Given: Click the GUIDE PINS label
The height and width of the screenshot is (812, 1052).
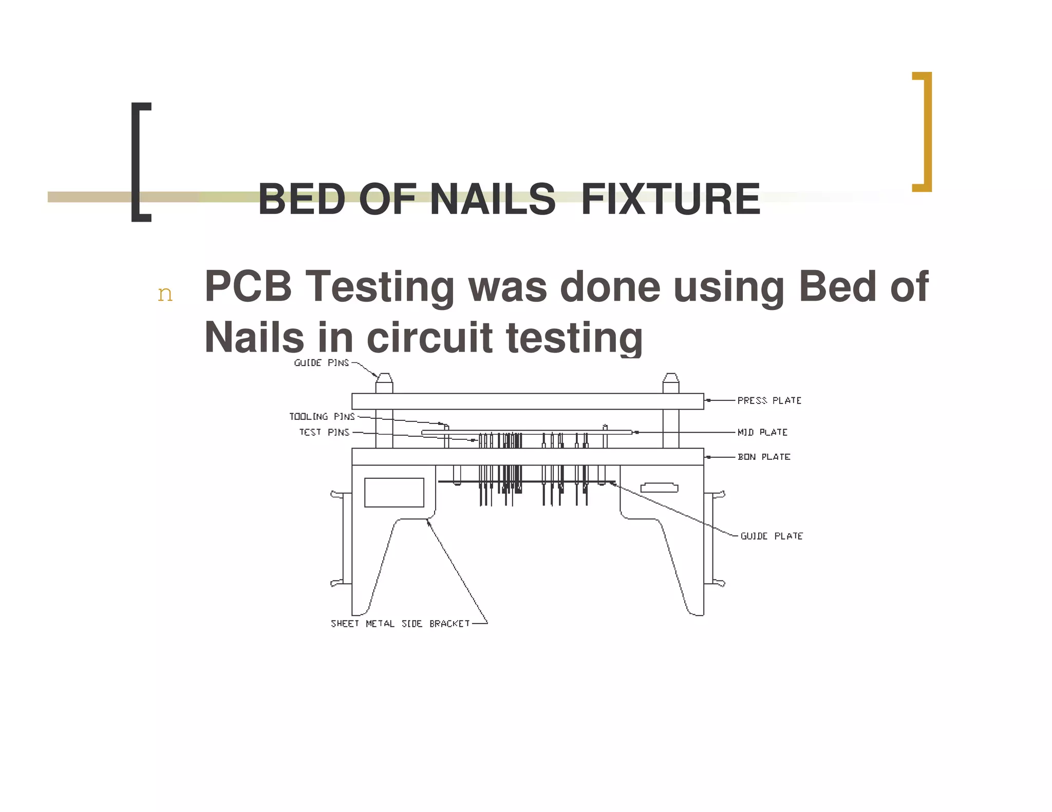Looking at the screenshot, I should click(x=321, y=363).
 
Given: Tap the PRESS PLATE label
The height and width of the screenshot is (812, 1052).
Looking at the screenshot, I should click(x=769, y=400).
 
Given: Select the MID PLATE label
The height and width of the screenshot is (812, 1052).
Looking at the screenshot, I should click(x=762, y=432).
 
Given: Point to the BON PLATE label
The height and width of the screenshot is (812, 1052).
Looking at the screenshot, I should click(x=764, y=457).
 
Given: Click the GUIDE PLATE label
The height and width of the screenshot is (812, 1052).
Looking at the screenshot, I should click(x=771, y=536).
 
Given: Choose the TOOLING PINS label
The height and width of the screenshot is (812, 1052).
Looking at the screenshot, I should click(x=322, y=416).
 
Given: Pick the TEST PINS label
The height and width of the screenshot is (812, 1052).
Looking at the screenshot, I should click(x=324, y=432).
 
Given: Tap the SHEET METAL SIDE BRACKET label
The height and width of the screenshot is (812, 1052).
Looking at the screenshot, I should click(x=400, y=624).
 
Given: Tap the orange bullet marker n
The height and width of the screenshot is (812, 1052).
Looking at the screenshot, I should click(x=165, y=294).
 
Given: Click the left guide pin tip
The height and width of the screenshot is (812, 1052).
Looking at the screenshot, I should click(x=384, y=378).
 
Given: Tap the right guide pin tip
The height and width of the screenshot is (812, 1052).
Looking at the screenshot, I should click(x=671, y=378).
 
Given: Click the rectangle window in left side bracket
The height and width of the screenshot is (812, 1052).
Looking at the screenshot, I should click(x=394, y=492).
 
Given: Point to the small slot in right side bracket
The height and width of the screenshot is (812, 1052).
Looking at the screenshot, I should click(x=659, y=488).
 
